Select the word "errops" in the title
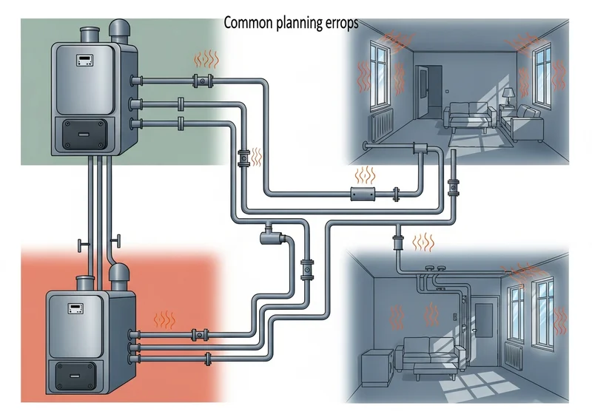342,24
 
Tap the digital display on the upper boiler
85,60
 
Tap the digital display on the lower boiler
75,308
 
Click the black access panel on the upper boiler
84,134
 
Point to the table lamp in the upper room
508,97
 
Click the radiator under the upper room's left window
381,123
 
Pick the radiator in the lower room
513,356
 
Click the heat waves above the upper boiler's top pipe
206,59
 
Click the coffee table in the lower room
435,370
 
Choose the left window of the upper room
379,73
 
